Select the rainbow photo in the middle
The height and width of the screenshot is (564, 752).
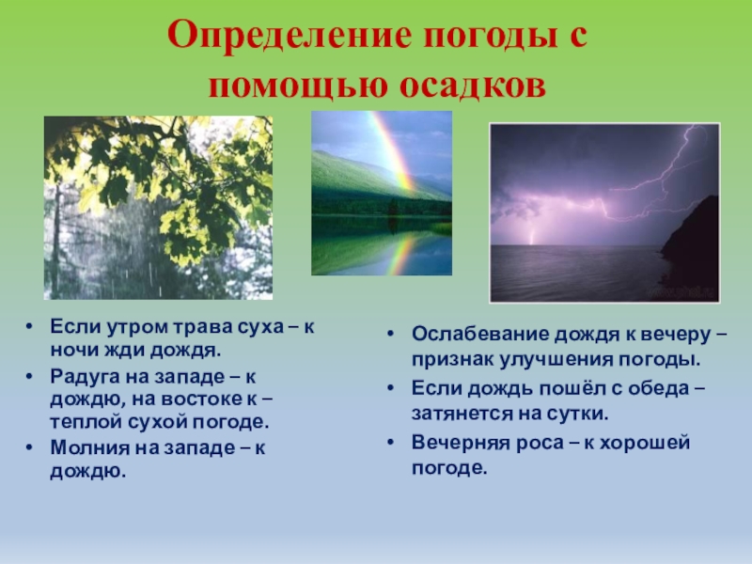(382, 193)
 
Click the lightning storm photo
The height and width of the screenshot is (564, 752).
(603, 211)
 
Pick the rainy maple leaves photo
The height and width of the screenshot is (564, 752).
(158, 208)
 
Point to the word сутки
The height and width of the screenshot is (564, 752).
(583, 414)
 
